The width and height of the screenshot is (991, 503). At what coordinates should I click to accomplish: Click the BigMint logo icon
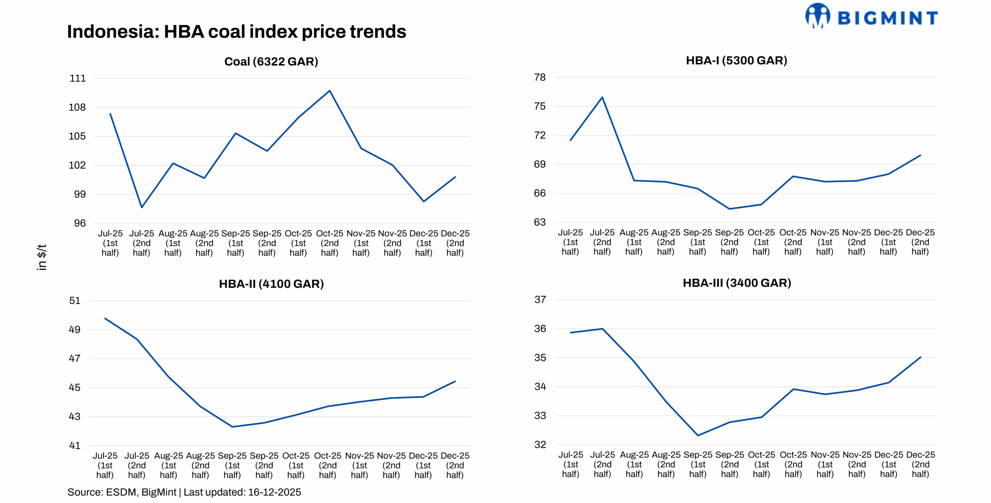(x=817, y=16)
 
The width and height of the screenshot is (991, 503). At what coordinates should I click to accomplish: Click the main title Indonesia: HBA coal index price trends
(x=236, y=32)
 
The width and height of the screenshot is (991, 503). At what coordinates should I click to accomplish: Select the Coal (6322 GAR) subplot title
(x=271, y=62)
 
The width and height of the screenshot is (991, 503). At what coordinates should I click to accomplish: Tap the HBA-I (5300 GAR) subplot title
(x=736, y=60)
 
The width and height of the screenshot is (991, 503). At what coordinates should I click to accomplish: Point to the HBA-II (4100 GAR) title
(x=271, y=284)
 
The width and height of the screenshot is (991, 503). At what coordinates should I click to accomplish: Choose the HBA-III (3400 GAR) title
(x=737, y=283)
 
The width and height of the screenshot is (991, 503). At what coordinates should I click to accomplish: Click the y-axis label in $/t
(x=42, y=257)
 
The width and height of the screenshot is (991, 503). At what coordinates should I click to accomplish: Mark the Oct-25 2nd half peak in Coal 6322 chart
(x=329, y=91)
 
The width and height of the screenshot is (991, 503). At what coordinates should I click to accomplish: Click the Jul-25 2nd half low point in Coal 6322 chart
(x=142, y=207)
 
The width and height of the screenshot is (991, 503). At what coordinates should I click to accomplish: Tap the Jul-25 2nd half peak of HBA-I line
(x=602, y=98)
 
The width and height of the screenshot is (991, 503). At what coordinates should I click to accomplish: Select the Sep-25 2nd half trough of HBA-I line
(x=729, y=209)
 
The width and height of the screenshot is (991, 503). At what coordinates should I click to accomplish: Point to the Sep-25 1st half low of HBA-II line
(x=232, y=427)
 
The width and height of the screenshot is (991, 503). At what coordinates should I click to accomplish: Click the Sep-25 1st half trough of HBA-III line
(x=698, y=436)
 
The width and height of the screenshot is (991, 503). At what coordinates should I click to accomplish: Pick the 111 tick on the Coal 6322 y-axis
(x=77, y=79)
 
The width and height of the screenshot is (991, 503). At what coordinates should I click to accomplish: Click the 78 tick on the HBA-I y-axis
(x=540, y=77)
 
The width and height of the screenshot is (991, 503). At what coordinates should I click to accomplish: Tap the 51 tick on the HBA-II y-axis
(x=75, y=301)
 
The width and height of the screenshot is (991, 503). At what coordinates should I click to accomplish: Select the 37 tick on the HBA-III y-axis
(x=540, y=299)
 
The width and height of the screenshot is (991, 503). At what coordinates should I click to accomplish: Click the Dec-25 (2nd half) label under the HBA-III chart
(x=920, y=464)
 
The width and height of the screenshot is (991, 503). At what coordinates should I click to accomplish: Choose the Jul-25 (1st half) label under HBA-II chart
(x=105, y=465)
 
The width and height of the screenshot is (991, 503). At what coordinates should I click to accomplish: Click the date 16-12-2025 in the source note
(x=274, y=492)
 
